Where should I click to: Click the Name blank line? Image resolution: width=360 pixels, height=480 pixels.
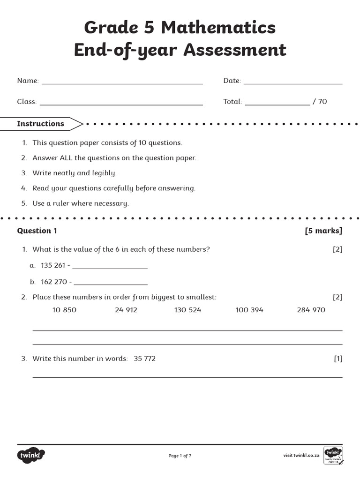click(x=122, y=83)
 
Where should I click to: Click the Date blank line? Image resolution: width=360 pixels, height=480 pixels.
click(x=292, y=83)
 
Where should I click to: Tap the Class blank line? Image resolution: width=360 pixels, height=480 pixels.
click(x=121, y=104)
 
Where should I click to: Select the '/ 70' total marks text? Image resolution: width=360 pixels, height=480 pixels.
click(x=320, y=102)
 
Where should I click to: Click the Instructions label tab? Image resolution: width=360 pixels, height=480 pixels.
click(x=41, y=124)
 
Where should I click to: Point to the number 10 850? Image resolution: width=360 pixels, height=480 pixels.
click(x=64, y=310)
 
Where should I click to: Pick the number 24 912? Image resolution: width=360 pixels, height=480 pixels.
click(x=126, y=310)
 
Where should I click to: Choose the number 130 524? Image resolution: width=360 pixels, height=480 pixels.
click(x=187, y=310)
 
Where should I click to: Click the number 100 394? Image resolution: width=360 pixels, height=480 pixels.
click(x=249, y=310)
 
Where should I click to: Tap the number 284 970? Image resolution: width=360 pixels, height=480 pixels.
click(x=311, y=310)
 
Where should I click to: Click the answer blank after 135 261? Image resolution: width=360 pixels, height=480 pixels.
click(x=110, y=268)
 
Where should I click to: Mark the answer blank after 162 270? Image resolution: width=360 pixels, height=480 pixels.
click(x=111, y=284)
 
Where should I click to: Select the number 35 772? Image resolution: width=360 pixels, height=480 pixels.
click(x=145, y=359)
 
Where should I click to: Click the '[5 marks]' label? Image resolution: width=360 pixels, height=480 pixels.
click(x=323, y=231)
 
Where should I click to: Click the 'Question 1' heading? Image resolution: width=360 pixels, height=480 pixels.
click(x=37, y=231)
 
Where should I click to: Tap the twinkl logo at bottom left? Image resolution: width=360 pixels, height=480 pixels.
click(x=31, y=455)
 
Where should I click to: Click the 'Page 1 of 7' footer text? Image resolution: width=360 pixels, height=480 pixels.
click(x=180, y=456)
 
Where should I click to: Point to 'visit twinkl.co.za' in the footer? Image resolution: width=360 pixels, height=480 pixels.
click(x=301, y=456)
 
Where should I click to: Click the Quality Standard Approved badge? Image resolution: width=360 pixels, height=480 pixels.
click(x=333, y=455)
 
